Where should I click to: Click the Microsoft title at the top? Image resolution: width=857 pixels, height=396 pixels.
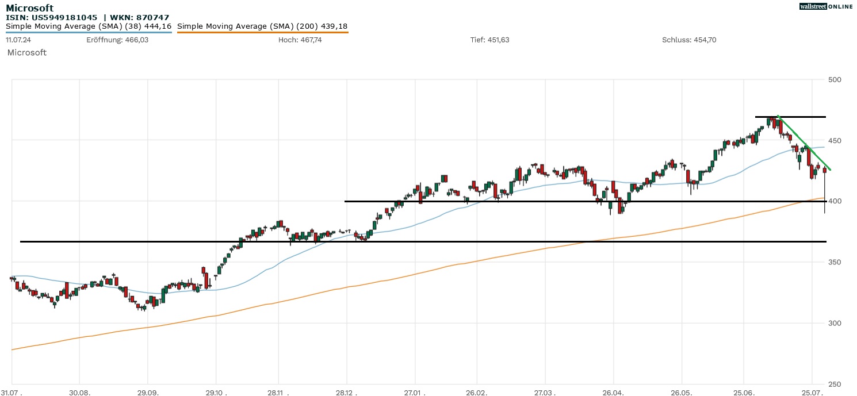(x=29, y=8)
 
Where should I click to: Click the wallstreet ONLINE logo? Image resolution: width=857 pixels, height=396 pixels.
(x=826, y=6)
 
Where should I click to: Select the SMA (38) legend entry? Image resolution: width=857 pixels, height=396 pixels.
(x=89, y=26)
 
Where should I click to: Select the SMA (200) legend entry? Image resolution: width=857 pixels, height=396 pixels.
(x=262, y=26)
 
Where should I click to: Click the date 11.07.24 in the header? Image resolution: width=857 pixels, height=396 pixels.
(x=18, y=40)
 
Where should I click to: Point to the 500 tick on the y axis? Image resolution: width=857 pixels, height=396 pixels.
(x=835, y=79)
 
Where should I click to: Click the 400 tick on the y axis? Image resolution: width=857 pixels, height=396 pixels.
(x=835, y=201)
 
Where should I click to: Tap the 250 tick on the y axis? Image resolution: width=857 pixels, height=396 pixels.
(x=835, y=385)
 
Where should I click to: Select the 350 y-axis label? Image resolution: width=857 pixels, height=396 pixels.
(x=835, y=262)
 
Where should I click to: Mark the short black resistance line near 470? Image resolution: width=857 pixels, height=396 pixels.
(x=790, y=117)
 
